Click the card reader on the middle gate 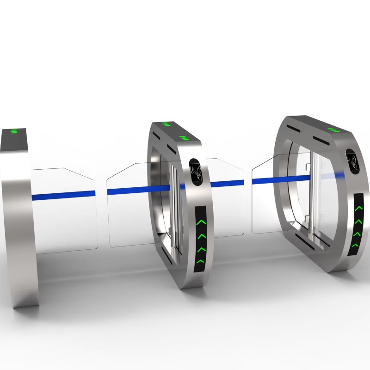(x=196, y=170)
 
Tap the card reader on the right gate (x=353, y=160)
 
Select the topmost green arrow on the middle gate (x=200, y=223)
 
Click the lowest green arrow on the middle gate (x=199, y=262)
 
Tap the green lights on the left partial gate (x=14, y=131)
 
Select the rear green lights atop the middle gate (x=166, y=124)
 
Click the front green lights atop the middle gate (x=184, y=138)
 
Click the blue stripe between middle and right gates (x=227, y=184)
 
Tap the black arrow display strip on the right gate (x=357, y=227)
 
